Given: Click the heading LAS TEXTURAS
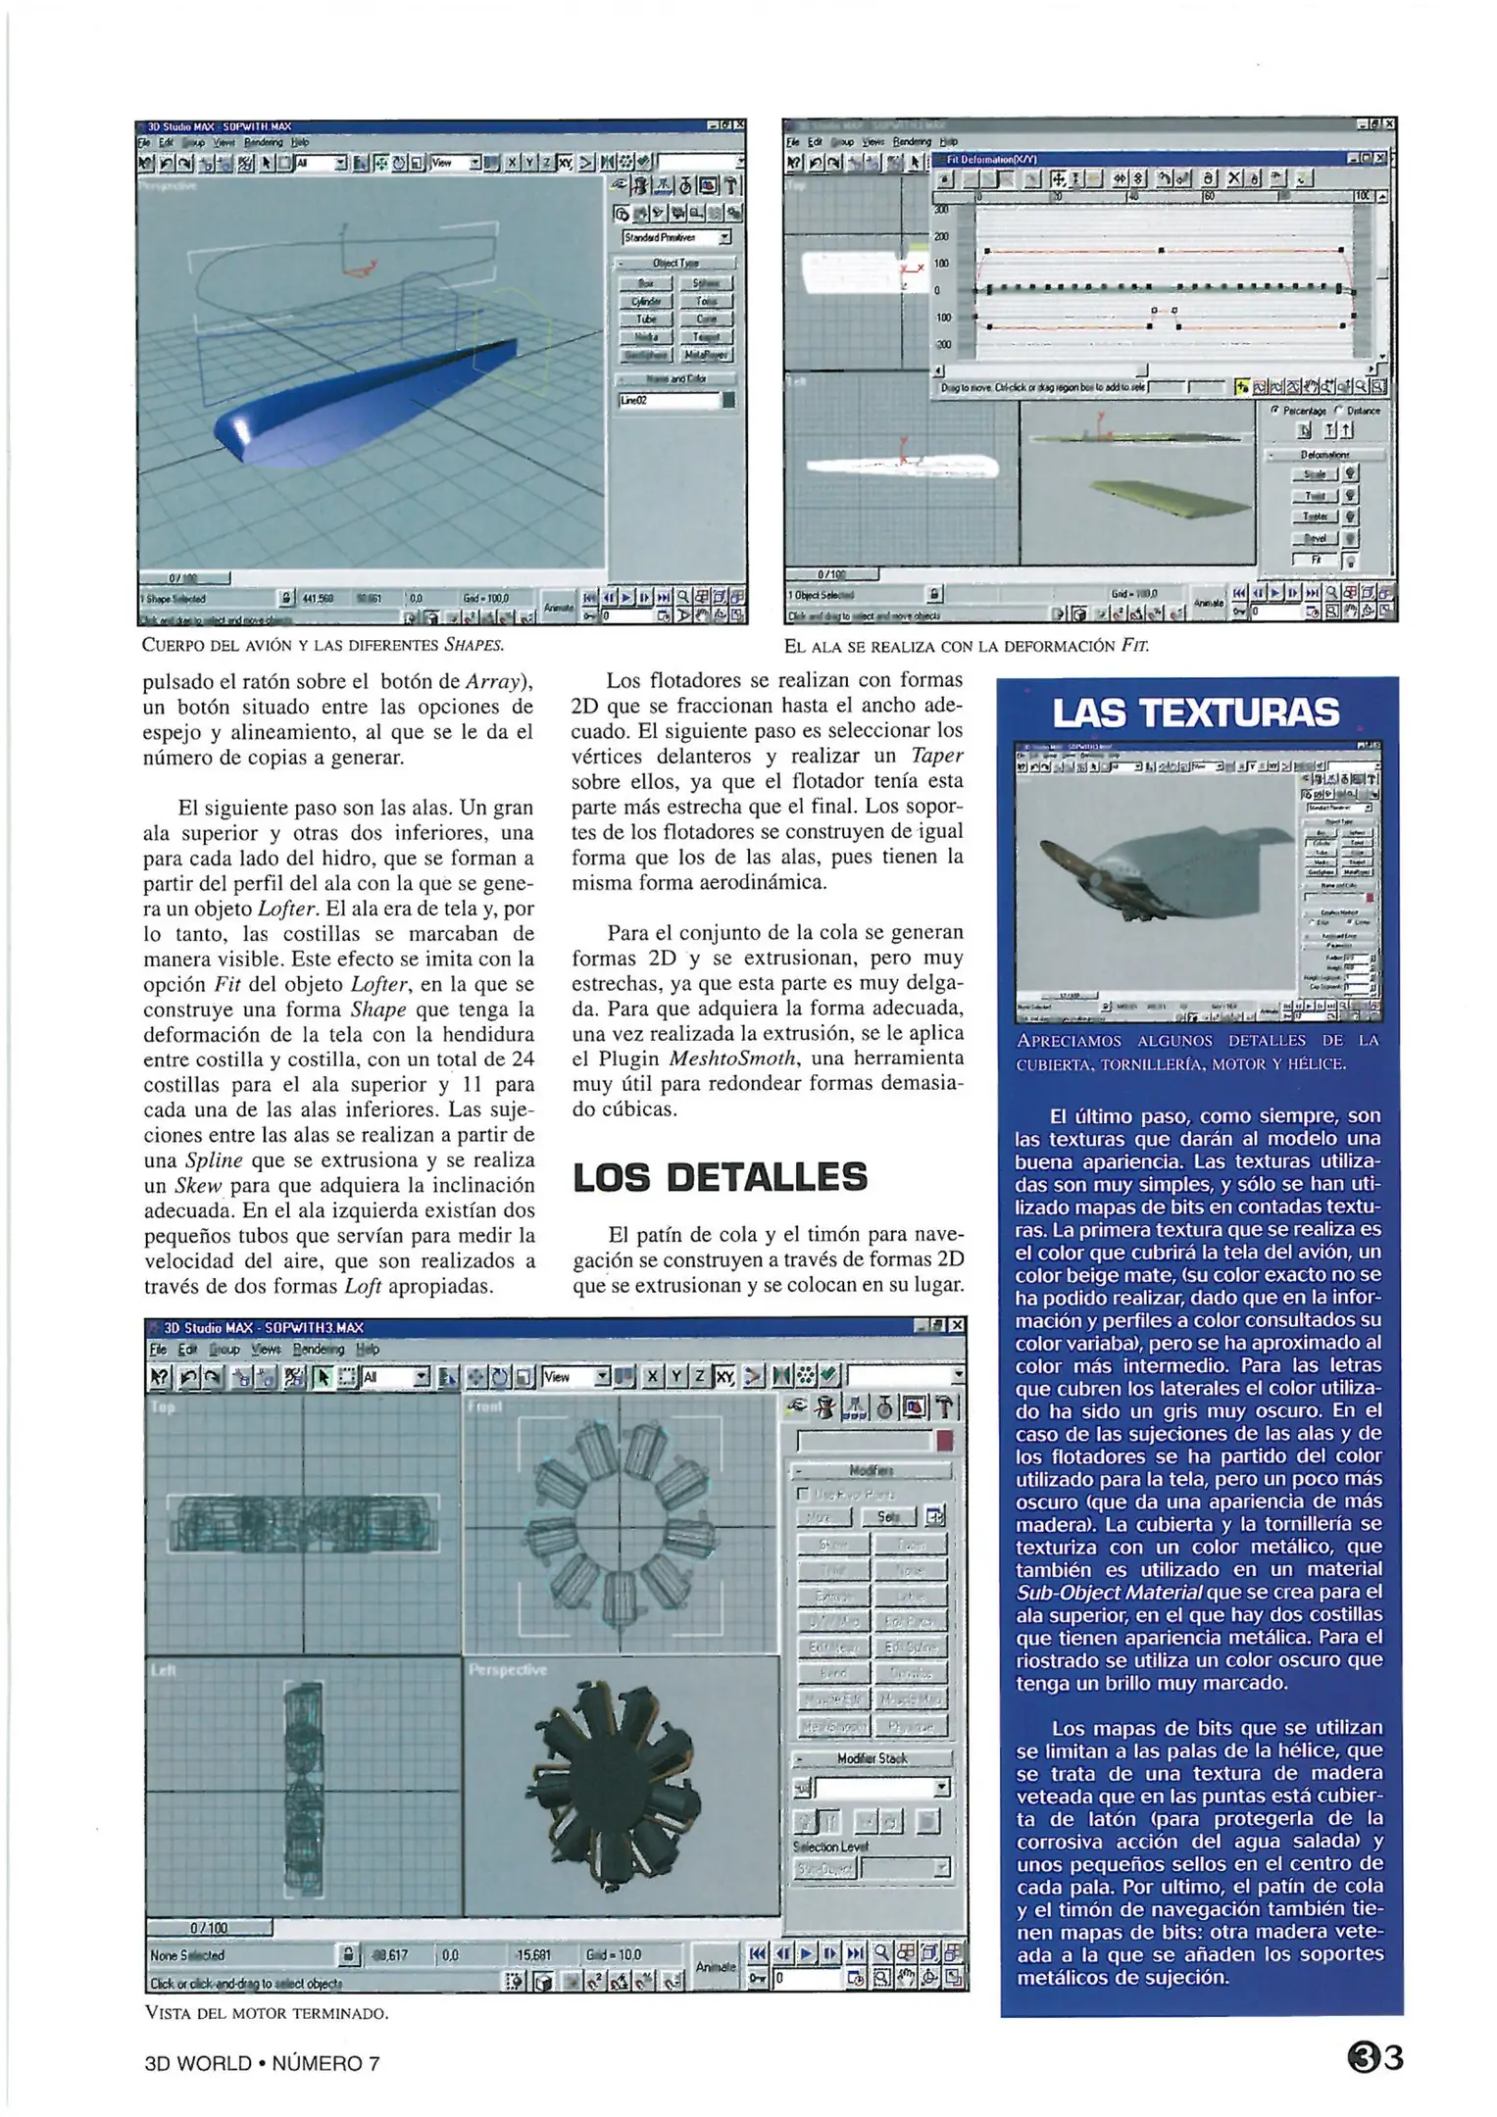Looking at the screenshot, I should coord(1195,714).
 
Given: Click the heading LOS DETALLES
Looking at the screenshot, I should coord(720,1177).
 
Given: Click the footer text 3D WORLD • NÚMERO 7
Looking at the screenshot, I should coord(262,2062).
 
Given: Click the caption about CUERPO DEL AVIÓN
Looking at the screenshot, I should coord(324,645).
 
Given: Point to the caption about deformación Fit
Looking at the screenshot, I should coord(967,646).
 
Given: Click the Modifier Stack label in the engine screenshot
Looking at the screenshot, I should coord(872,1758).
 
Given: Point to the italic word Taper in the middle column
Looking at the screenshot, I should coord(936,756).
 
